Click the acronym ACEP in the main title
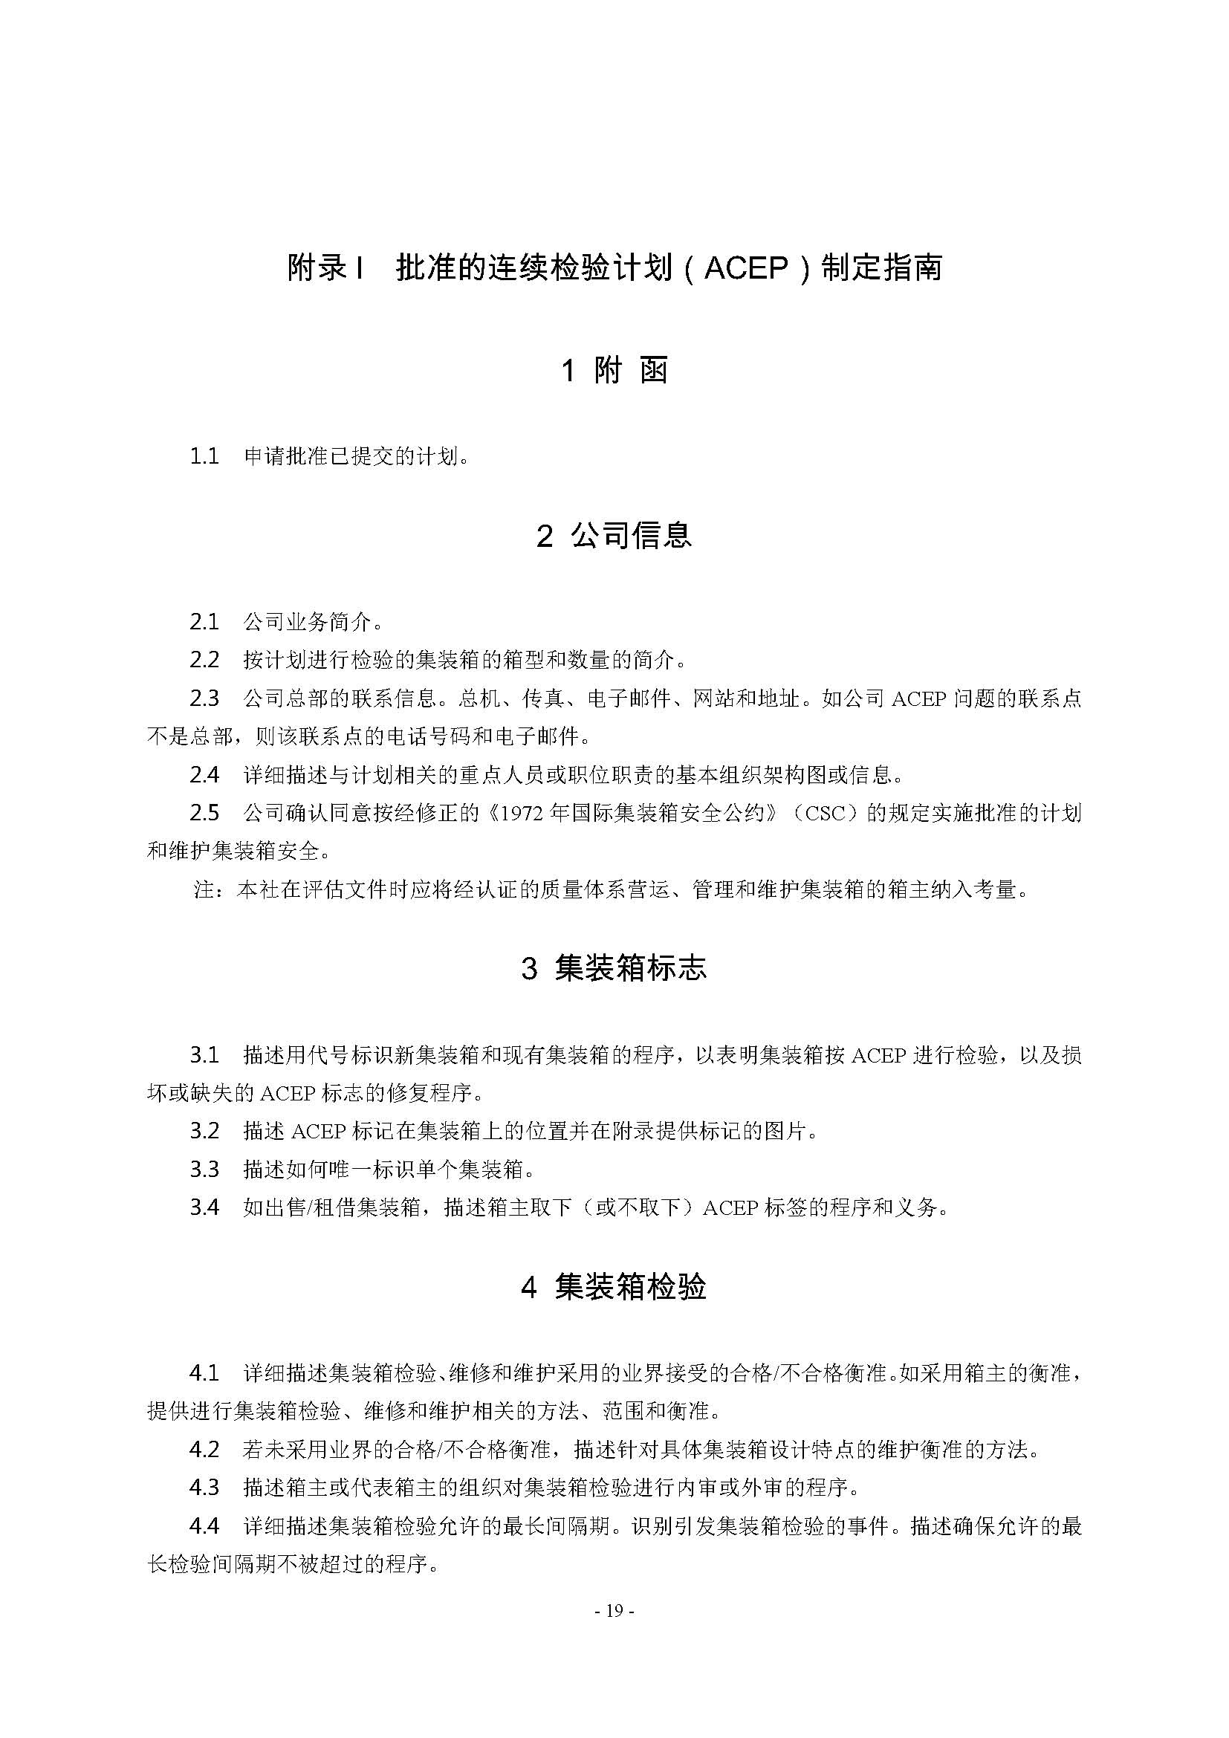[x=746, y=269]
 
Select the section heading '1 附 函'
[x=614, y=371]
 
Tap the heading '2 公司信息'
[x=614, y=536]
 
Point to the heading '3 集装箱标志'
[x=614, y=968]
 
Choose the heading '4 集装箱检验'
[x=614, y=1287]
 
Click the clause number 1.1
[x=204, y=456]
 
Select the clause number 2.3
[x=204, y=698]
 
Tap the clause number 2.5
[x=204, y=813]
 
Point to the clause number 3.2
[x=204, y=1130]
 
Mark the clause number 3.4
[x=204, y=1207]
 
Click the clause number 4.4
[x=204, y=1525]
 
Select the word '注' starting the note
[x=204, y=890]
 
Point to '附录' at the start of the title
[x=317, y=269]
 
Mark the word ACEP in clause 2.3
[x=918, y=698]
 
